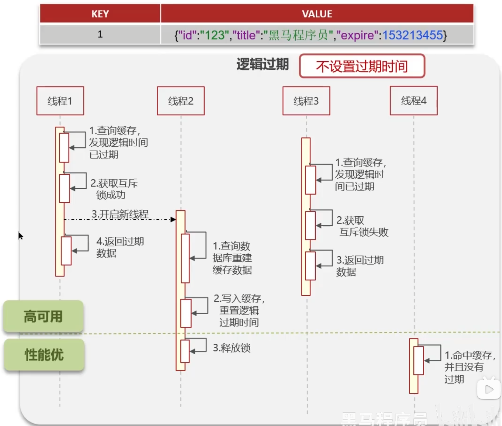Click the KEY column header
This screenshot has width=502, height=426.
(x=100, y=14)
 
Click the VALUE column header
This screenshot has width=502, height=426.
(x=317, y=14)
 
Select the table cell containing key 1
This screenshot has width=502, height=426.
(x=100, y=34)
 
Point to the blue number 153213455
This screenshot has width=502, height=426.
(x=412, y=35)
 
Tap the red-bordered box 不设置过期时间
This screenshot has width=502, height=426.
(x=362, y=66)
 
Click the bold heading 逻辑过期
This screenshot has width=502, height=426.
(x=263, y=64)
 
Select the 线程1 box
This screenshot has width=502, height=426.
(x=60, y=101)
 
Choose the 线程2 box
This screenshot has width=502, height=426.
(x=181, y=101)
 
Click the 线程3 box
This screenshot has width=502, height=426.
(x=306, y=101)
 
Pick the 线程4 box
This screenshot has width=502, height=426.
(x=414, y=101)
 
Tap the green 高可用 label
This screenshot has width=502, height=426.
(x=43, y=316)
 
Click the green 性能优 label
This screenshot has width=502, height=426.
(x=44, y=355)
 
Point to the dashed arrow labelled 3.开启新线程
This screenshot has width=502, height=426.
(x=120, y=219)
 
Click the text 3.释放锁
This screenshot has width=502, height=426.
(x=232, y=348)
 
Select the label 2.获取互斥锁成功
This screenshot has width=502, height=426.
(x=114, y=189)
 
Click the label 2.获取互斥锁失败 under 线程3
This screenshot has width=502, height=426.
(x=362, y=226)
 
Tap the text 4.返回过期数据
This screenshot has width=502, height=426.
(x=120, y=247)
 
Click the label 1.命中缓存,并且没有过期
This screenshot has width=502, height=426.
(x=469, y=367)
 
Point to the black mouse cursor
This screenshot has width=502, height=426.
(x=20, y=236)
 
